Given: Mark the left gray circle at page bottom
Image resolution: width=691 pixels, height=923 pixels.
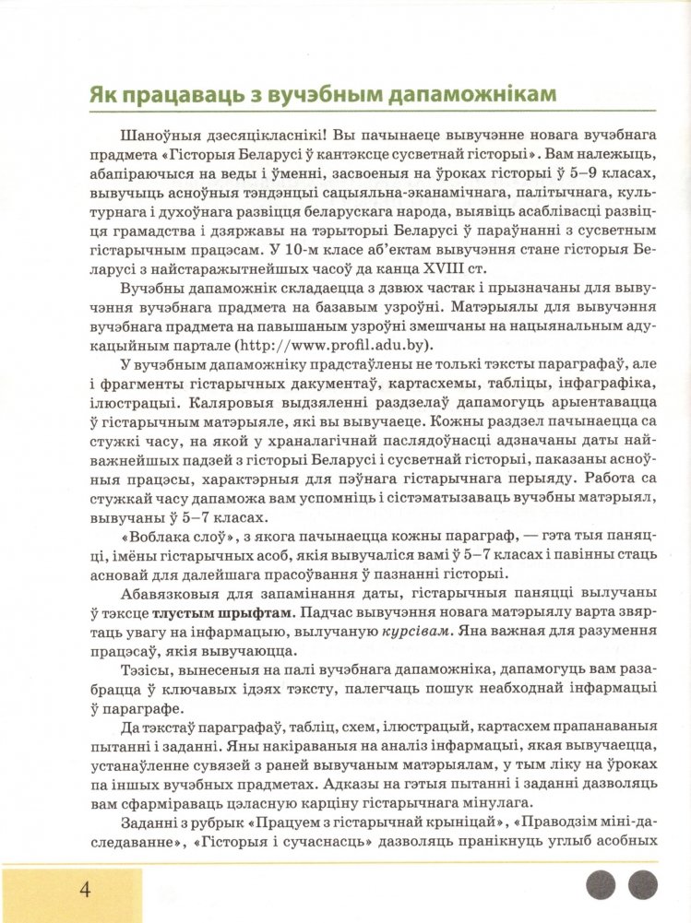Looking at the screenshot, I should coord(601,885).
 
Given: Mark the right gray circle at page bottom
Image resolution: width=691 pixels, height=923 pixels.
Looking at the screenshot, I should coord(642,885).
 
